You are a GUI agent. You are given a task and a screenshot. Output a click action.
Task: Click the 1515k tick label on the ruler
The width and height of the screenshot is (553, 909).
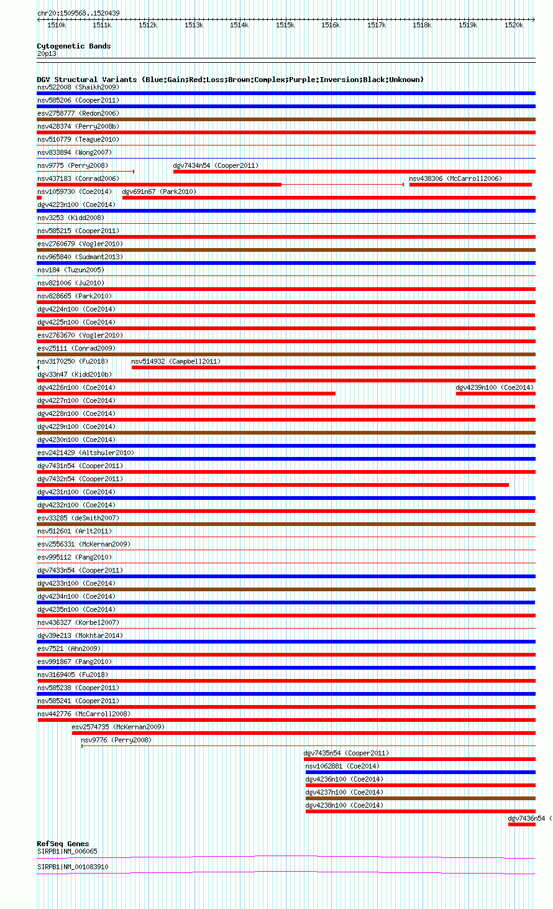pyautogui.click(x=285, y=25)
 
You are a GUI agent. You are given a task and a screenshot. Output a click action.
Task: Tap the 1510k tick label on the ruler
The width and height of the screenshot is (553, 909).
pyautogui.click(x=57, y=25)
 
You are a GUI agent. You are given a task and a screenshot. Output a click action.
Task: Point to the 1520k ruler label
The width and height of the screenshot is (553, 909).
pyautogui.click(x=514, y=25)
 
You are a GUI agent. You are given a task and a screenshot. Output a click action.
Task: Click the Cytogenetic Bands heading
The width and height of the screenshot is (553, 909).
pyautogui.click(x=74, y=46)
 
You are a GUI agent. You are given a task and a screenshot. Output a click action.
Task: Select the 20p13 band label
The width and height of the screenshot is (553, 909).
pyautogui.click(x=47, y=53)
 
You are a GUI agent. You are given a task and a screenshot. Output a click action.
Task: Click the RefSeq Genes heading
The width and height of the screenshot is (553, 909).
pyautogui.click(x=63, y=844)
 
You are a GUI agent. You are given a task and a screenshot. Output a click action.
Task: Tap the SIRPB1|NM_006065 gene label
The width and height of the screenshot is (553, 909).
pyautogui.click(x=67, y=851)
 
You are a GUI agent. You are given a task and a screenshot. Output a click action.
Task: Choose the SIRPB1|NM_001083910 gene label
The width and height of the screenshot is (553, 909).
pyautogui.click(x=73, y=867)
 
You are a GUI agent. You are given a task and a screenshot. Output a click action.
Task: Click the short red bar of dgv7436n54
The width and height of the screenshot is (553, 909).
pyautogui.click(x=521, y=824)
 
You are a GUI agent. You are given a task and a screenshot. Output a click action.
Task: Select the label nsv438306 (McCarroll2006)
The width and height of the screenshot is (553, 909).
pyautogui.click(x=455, y=178)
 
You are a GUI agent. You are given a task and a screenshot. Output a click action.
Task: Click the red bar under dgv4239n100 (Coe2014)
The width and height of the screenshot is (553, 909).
pyautogui.click(x=495, y=394)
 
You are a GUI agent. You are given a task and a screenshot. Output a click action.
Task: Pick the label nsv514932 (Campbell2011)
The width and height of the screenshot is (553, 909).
pyautogui.click(x=176, y=361)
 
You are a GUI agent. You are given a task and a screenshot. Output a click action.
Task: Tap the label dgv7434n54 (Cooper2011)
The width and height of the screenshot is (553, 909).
pyautogui.click(x=216, y=165)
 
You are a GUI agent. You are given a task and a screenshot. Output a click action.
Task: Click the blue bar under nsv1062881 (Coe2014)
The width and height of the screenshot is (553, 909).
pyautogui.click(x=420, y=772)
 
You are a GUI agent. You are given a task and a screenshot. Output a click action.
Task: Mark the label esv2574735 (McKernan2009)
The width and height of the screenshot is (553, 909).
pyautogui.click(x=118, y=727)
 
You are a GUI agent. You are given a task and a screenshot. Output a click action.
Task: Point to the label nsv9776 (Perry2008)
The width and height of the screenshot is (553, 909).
pyautogui.click(x=116, y=740)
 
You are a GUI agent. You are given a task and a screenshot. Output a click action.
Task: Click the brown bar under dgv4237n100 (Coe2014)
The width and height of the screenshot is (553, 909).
pyautogui.click(x=420, y=798)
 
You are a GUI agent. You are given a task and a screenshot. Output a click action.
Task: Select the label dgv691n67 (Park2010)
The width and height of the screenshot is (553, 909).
pyautogui.click(x=159, y=191)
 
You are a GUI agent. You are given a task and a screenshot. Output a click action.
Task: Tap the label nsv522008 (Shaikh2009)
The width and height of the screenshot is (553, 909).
pyautogui.click(x=78, y=87)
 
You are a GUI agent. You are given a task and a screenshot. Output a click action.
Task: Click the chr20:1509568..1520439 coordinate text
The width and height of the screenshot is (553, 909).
pyautogui.click(x=78, y=13)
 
